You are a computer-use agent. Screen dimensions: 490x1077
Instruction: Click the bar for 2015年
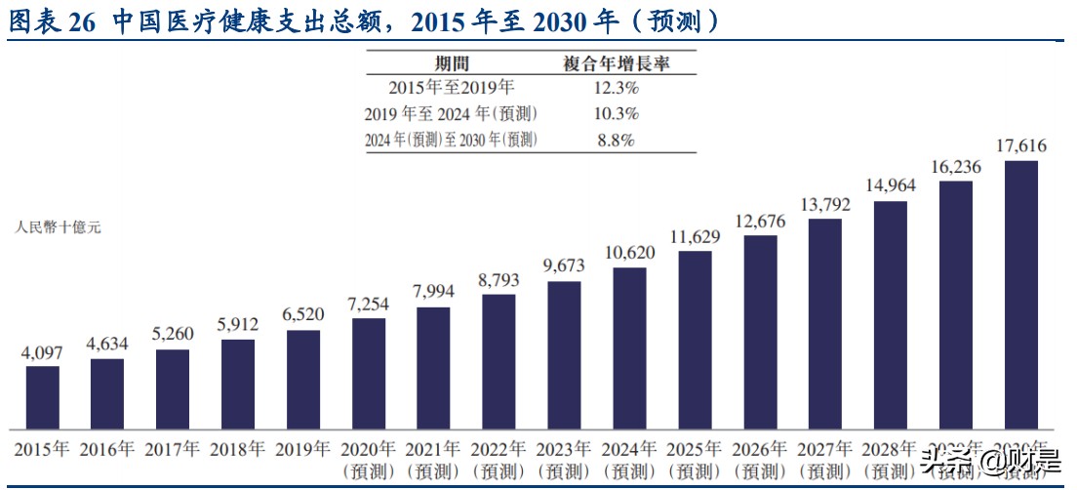point(42,397)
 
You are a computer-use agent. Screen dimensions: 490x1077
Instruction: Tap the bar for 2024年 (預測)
point(629,348)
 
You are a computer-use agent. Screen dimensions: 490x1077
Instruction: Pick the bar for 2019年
point(303,380)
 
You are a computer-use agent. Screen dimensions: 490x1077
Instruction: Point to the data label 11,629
point(695,235)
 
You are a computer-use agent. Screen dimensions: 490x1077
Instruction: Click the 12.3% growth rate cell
point(616,88)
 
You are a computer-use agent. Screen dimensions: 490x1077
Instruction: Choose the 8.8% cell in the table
point(616,140)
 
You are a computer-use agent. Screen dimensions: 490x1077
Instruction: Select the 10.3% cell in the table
point(616,113)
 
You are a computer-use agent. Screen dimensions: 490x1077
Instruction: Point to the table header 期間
point(452,63)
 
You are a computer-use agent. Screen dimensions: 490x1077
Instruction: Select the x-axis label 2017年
point(173,450)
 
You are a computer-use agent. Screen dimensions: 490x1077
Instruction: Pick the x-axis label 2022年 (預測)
point(499,460)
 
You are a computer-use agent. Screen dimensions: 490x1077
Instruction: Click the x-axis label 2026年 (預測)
point(760,460)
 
